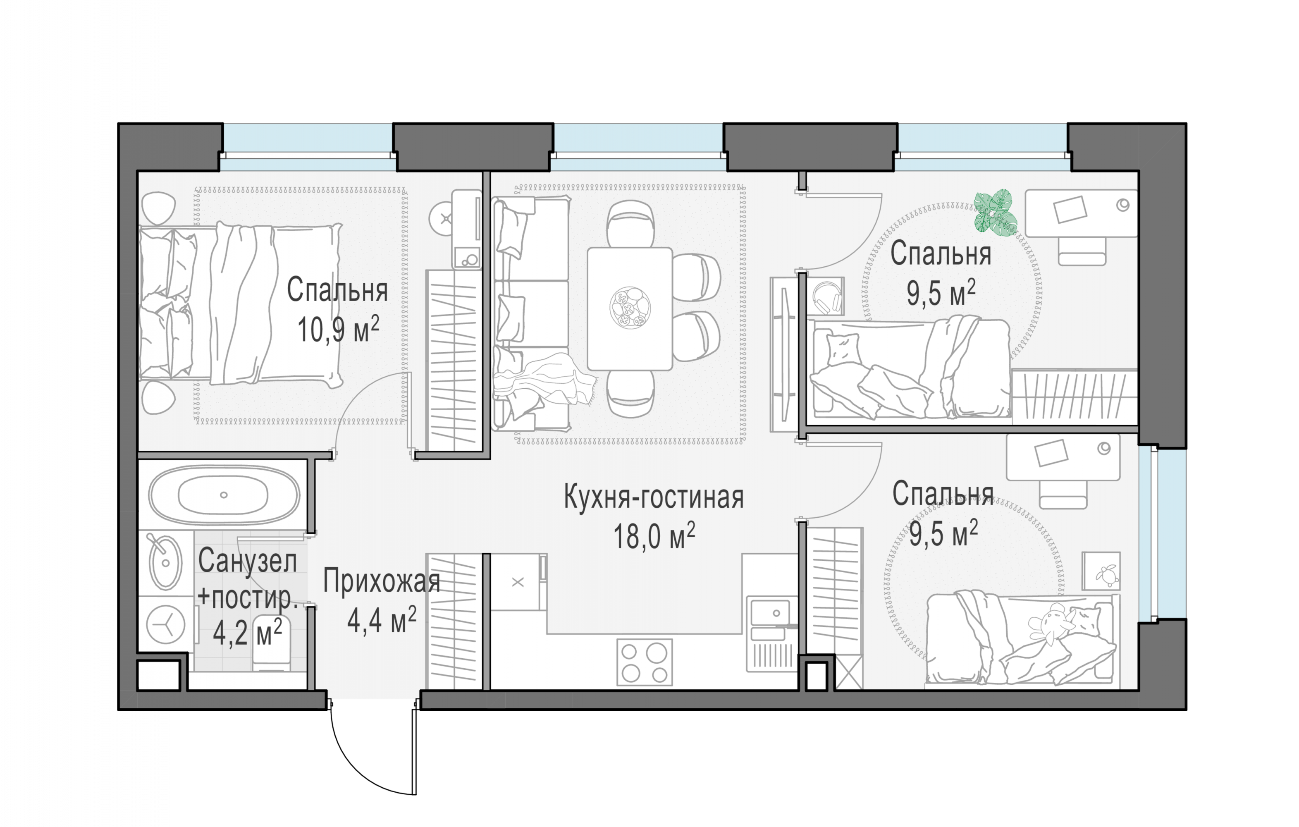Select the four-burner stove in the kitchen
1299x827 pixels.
coord(645,662)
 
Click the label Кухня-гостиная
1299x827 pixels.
coord(654,497)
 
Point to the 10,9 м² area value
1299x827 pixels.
coord(338,329)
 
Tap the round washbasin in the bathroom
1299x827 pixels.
coord(165,563)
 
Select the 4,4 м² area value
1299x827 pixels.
coord(382,620)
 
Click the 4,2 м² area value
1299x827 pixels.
coord(247,632)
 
